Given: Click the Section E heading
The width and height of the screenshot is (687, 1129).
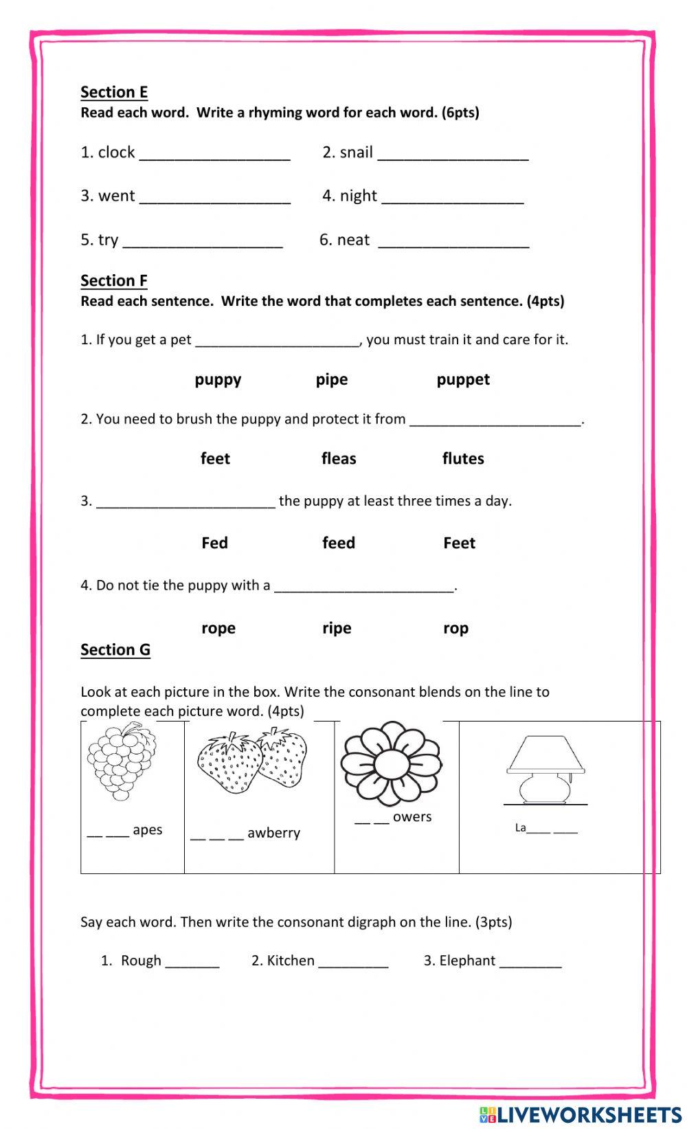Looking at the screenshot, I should (114, 92).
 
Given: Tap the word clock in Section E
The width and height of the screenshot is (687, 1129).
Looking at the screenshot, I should (116, 152).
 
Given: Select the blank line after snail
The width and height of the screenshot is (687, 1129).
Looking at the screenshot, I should (453, 157).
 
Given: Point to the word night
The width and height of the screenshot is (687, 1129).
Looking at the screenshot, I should (359, 196).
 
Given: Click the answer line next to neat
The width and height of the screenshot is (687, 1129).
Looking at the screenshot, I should (453, 244).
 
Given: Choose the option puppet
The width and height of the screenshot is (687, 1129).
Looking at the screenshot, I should (463, 379).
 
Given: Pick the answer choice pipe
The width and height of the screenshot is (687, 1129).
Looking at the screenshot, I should (332, 379).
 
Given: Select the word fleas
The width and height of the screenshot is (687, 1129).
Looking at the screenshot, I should (339, 458).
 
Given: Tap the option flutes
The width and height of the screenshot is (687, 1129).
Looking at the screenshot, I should (463, 458).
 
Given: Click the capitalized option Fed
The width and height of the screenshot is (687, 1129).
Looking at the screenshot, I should (214, 543).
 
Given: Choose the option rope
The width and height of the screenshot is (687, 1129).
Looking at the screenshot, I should (218, 628).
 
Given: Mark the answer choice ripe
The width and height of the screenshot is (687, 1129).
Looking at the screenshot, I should (337, 628).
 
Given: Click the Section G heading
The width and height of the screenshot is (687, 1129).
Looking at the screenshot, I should (115, 649).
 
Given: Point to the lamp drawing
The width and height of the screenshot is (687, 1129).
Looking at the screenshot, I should (545, 768).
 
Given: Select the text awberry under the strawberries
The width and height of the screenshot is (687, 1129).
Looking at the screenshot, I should (273, 833).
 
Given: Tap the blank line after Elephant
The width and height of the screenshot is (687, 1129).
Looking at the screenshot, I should (530, 965).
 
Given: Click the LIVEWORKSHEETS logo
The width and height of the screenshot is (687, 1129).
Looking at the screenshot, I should (581, 1114).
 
